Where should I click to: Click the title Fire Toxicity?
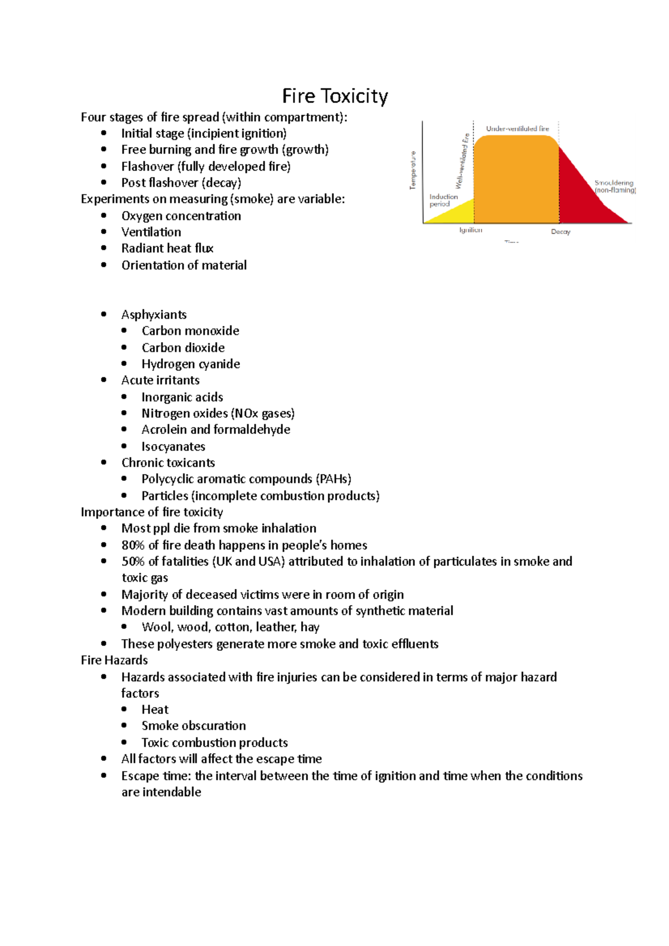(x=334, y=96)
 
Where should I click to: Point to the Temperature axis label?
(x=413, y=170)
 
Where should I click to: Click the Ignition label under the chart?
(x=471, y=230)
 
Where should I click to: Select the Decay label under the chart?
(x=560, y=232)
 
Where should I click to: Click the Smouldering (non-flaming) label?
(x=614, y=187)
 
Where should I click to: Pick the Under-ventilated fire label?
(x=517, y=129)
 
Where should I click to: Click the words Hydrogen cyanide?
(x=191, y=364)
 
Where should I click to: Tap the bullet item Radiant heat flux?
(x=167, y=248)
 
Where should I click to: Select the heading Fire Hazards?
(x=114, y=660)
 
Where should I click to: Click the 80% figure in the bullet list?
(x=133, y=545)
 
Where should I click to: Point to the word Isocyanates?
(x=173, y=447)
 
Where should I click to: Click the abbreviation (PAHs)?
(x=333, y=479)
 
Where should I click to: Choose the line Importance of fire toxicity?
(x=152, y=512)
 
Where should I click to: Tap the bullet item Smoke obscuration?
(x=193, y=726)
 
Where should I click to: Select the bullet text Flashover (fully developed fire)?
(x=206, y=167)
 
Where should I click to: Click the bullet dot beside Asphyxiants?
(x=104, y=314)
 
